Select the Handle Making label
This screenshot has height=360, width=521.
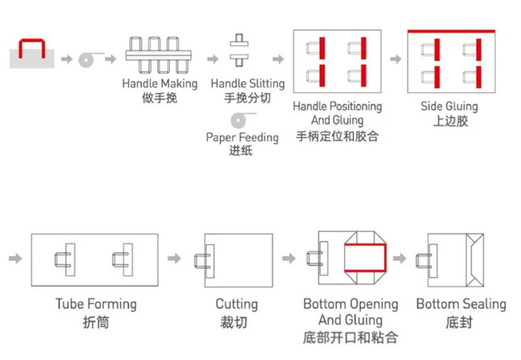pyautogui.click(x=160, y=83)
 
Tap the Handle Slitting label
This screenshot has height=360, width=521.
pyautogui.click(x=248, y=83)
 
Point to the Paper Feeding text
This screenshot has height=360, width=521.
pyautogui.click(x=242, y=137)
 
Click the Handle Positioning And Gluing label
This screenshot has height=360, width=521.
pyautogui.click(x=337, y=113)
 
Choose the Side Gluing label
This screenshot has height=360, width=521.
pyautogui.click(x=449, y=106)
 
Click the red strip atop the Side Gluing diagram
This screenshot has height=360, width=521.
pyautogui.click(x=451, y=31)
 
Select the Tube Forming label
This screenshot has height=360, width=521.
pyautogui.click(x=96, y=304)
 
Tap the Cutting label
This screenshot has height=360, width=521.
pyautogui.click(x=236, y=304)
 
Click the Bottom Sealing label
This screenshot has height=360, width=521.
pyautogui.click(x=461, y=304)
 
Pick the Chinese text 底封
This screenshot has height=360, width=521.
pyautogui.click(x=460, y=322)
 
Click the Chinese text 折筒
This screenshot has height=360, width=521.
pyautogui.click(x=96, y=322)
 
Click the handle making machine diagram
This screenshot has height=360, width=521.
pyautogui.click(x=159, y=54)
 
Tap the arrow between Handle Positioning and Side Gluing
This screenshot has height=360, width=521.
pyautogui.click(x=394, y=59)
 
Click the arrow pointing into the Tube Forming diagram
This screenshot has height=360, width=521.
pyautogui.click(x=15, y=259)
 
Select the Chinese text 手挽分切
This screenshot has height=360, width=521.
pyautogui.click(x=248, y=99)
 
